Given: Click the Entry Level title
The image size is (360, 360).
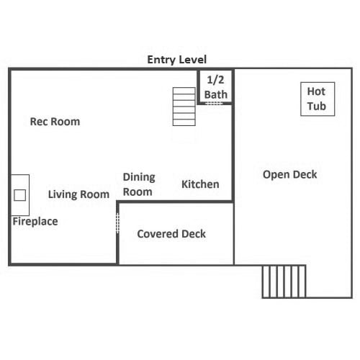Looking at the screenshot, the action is [x=176, y=60].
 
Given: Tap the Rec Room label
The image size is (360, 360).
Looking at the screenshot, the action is [x=55, y=122].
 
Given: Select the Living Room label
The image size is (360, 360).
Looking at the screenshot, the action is [x=78, y=194].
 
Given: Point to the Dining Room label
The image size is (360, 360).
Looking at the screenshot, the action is [x=139, y=184].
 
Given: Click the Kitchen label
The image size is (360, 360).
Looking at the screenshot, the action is [x=200, y=184].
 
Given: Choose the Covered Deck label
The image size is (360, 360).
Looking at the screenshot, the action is [x=171, y=234].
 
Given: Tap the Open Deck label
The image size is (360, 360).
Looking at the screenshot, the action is [x=290, y=174].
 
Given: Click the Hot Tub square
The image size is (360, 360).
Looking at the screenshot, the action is [x=318, y=99].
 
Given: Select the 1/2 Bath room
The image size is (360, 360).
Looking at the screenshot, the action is [x=215, y=86].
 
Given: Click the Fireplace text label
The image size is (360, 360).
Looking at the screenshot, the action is [x=35, y=221].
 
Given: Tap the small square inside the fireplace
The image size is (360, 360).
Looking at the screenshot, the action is [x=20, y=195].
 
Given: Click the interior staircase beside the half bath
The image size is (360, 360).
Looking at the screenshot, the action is [x=184, y=107].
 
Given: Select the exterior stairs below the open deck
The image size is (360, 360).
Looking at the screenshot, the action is [x=284, y=282].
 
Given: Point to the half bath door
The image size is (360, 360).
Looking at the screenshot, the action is [x=215, y=104].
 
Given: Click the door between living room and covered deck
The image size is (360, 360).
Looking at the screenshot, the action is [x=117, y=223].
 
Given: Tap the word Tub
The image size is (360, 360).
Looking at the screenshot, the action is [x=317, y=106].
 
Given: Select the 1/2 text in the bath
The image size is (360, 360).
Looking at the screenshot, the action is [x=215, y=80].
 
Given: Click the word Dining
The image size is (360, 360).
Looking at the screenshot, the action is [x=139, y=178].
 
